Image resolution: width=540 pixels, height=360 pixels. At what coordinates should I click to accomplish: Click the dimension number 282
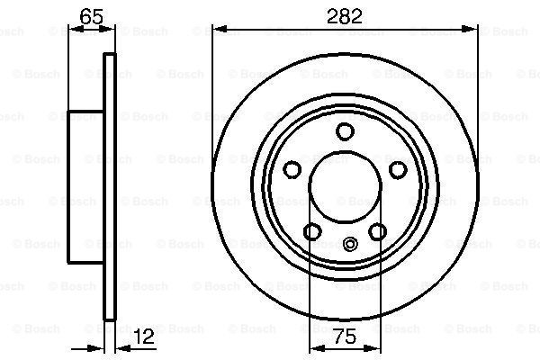tap(345, 16)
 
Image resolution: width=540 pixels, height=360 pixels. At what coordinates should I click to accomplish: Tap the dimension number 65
tap(91, 16)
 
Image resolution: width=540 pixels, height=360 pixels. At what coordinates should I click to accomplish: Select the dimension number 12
tap(144, 337)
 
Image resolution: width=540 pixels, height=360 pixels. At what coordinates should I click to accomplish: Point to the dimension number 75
tap(345, 337)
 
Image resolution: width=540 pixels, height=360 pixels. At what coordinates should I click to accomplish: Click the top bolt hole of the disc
tap(345, 131)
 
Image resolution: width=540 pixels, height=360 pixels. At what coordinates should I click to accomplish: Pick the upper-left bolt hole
tap(292, 169)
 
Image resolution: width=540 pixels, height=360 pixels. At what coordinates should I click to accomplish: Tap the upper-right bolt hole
tap(398, 169)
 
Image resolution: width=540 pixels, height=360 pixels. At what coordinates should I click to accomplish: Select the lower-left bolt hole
tap(312, 231)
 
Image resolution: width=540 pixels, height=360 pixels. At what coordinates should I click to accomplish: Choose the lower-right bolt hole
tap(377, 231)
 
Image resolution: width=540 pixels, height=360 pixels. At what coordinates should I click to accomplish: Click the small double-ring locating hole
tap(350, 244)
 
